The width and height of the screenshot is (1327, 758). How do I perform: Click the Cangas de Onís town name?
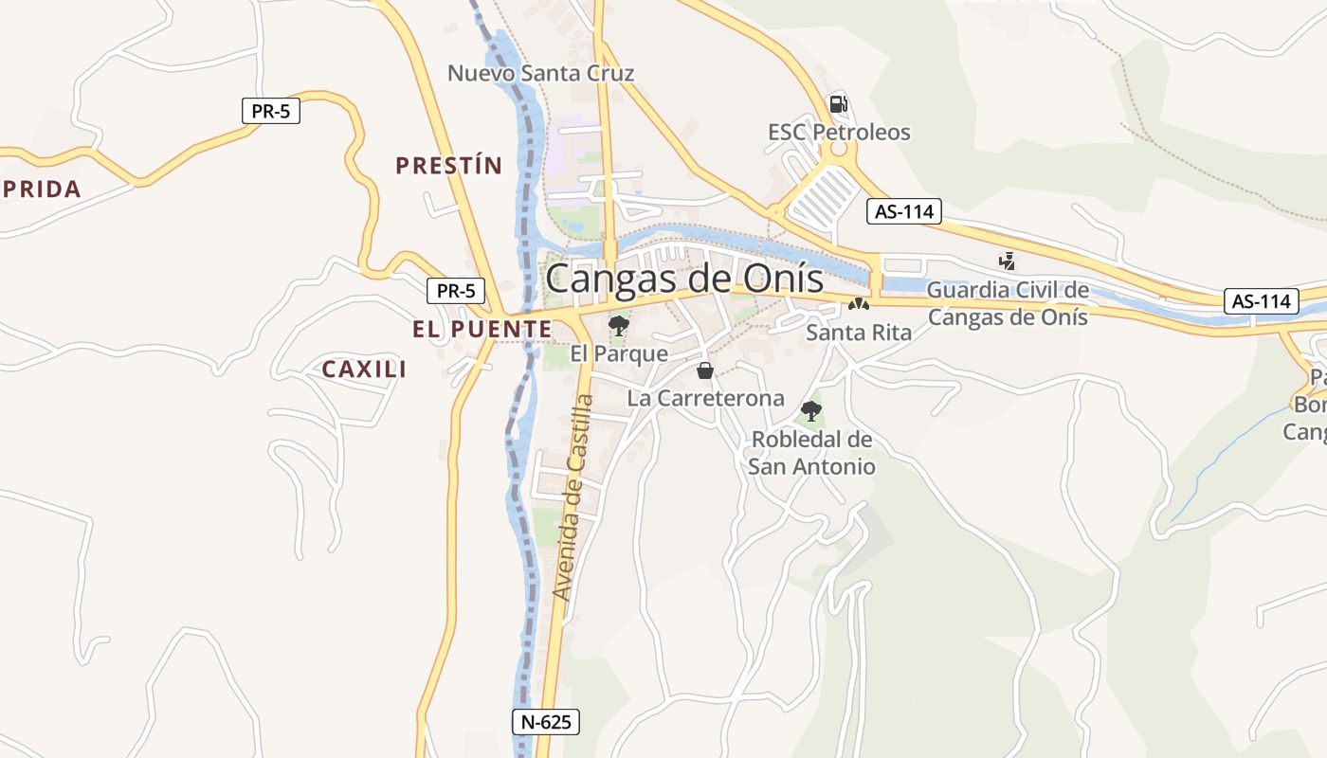point(684,279)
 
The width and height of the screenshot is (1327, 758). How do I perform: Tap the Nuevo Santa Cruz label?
point(540,73)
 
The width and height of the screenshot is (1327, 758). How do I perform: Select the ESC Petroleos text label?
point(839,132)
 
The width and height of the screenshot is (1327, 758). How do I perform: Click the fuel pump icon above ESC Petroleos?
point(838,104)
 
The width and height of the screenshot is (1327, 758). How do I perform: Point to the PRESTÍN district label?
point(448,166)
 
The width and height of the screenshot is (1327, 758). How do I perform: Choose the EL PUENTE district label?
point(482,329)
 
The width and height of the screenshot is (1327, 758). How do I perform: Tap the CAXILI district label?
point(365,370)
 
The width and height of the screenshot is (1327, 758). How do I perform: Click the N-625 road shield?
point(546,722)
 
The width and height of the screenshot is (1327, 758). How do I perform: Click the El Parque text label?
point(619,353)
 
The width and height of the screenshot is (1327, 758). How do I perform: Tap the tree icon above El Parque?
point(619,327)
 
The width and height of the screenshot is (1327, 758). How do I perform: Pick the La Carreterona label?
point(706,398)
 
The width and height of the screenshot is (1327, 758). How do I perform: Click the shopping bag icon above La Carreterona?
point(704,370)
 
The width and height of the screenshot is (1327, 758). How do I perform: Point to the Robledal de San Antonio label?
point(811,453)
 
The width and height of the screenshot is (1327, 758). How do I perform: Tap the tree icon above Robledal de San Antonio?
point(810,411)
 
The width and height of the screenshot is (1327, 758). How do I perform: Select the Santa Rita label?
point(859,333)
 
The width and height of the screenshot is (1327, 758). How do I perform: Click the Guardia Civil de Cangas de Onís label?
point(1008,303)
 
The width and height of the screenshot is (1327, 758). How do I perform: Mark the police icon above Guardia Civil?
point(1007,261)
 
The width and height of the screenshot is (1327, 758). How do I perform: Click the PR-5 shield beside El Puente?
point(456,291)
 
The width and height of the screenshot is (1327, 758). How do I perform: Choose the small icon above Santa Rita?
point(858,305)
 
